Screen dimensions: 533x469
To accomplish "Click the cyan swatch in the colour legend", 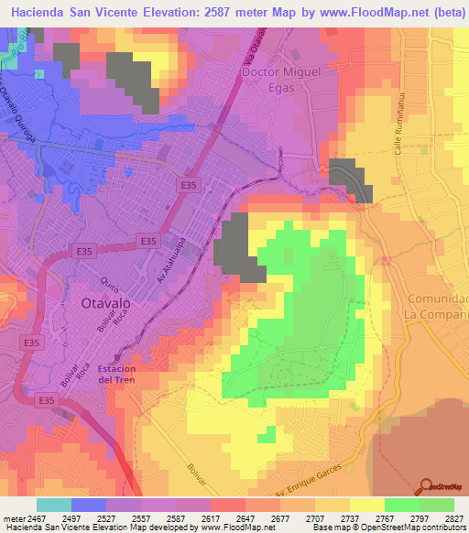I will tap(53, 505).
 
